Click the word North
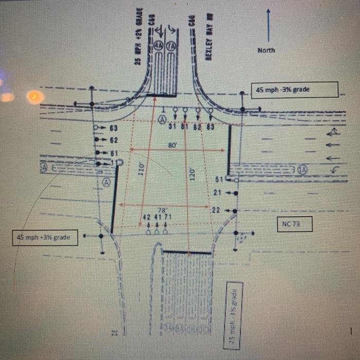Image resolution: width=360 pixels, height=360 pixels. click(266, 50)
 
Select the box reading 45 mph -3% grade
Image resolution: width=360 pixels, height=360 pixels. click(294, 90)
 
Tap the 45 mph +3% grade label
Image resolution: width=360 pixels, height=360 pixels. click(45, 238)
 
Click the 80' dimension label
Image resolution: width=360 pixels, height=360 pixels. click(173, 146)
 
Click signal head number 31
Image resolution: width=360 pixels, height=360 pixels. click(173, 127)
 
